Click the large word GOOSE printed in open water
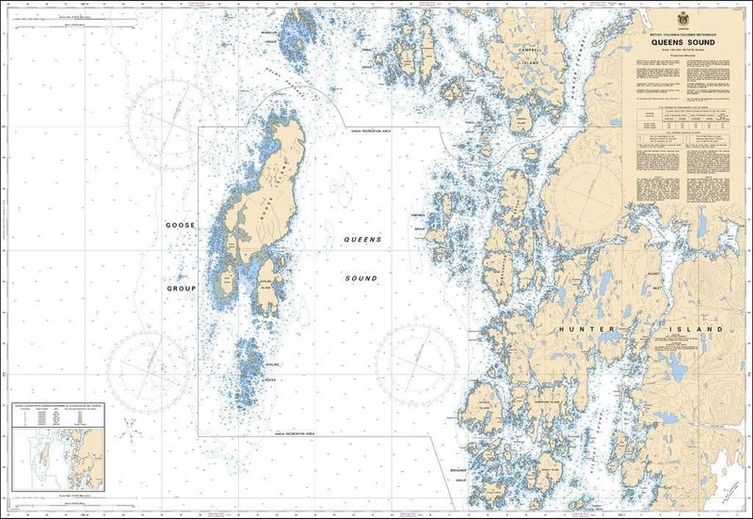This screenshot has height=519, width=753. coord(179,228)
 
